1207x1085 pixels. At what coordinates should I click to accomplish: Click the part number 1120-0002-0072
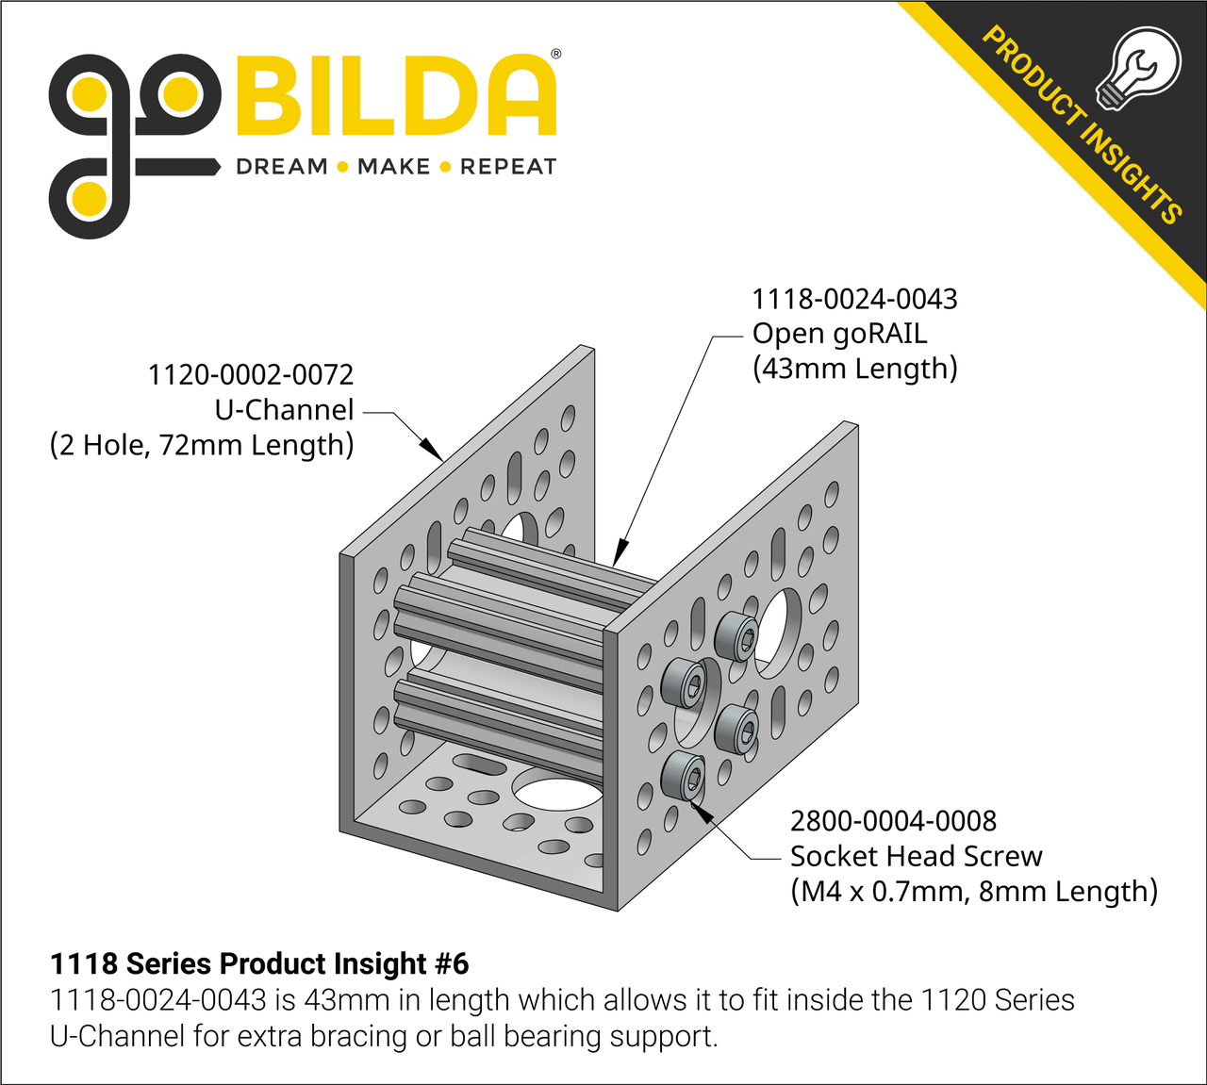(250, 375)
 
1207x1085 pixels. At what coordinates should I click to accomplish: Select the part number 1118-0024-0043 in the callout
(853, 300)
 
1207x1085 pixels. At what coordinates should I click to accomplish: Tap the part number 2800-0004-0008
(893, 821)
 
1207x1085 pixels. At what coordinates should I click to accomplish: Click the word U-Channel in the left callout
(284, 410)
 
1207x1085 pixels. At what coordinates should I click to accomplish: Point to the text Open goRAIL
(839, 334)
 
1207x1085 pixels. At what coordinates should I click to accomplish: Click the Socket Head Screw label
(916, 856)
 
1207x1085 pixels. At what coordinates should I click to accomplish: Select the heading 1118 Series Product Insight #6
(258, 963)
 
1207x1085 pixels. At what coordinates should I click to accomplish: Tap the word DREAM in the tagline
(281, 167)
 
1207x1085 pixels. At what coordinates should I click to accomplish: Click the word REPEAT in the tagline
(508, 167)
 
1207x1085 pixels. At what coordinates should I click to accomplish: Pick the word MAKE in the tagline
(393, 167)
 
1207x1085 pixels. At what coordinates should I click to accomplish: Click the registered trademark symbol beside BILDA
(555, 55)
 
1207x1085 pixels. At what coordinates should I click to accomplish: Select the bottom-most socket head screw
(684, 778)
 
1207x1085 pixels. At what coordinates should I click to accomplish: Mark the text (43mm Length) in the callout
(854, 369)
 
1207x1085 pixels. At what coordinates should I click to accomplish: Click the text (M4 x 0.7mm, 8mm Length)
(973, 891)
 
